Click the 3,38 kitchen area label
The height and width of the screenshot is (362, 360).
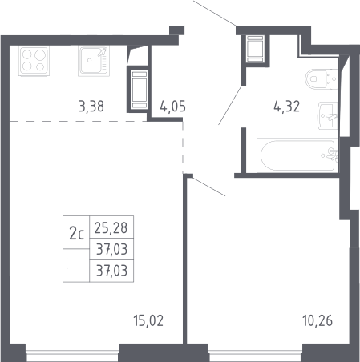point(91,107)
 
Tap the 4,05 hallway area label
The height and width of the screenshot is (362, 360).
point(172,107)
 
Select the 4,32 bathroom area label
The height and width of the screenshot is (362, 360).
point(286,107)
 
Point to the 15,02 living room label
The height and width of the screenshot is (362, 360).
point(148,320)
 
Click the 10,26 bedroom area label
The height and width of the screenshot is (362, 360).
point(318,320)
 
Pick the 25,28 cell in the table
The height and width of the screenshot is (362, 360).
point(111,227)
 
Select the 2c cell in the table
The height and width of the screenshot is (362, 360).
point(76,232)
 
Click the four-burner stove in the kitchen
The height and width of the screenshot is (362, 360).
point(34,61)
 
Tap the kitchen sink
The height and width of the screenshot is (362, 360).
point(94,61)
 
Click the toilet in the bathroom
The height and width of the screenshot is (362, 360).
point(322,79)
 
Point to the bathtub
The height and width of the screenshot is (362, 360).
point(297,155)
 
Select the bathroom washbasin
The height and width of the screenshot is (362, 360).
point(328,116)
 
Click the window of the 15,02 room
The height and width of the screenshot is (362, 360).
point(73,352)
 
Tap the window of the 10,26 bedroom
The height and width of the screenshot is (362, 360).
point(255,352)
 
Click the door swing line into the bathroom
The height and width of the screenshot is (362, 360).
point(230,105)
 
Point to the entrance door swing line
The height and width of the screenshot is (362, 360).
point(215,14)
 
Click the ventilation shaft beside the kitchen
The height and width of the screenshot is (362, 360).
point(139,90)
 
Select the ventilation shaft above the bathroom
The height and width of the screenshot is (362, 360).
point(255,49)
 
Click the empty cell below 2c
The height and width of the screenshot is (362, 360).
point(76,265)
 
